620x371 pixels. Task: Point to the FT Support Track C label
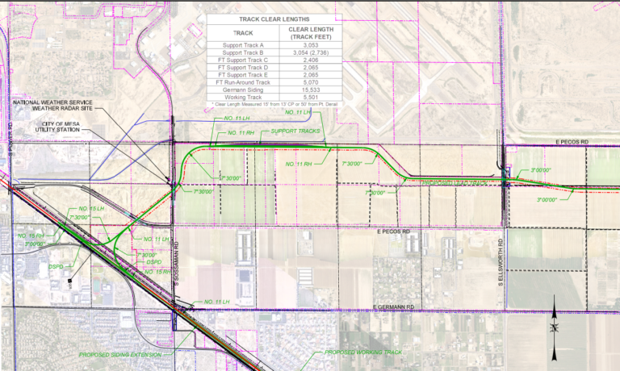[237, 60]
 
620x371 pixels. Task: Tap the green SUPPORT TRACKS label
[295, 131]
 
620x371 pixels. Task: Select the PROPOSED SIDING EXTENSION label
[125, 354]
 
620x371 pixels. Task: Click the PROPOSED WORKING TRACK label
[362, 352]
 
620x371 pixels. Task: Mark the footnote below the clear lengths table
[274, 105]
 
